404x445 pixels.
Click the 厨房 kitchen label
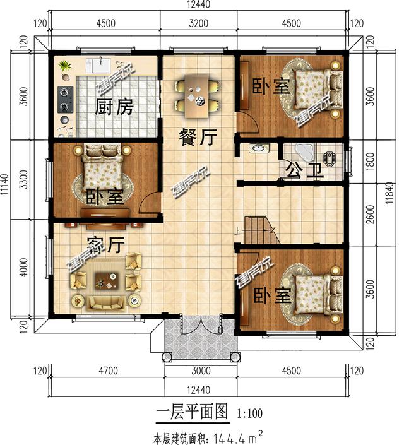114,107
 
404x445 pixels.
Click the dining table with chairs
197,97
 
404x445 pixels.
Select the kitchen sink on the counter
102,64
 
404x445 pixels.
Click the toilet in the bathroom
330,158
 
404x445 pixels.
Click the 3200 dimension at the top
198,25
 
